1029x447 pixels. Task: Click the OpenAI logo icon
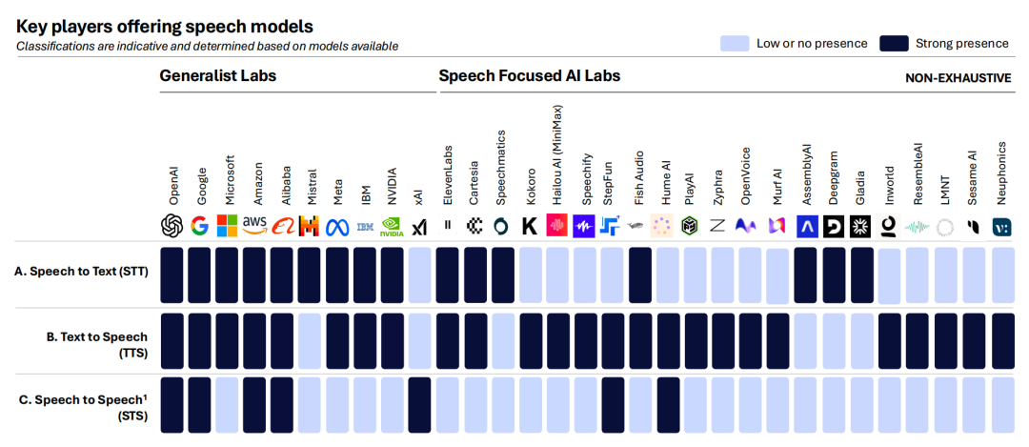[171, 226]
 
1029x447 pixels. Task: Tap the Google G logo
[199, 226]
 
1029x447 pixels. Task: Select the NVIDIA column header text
[393, 181]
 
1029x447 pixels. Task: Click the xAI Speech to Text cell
[420, 275]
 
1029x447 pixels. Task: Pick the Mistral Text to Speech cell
[309, 340]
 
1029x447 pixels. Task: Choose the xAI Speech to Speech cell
[420, 405]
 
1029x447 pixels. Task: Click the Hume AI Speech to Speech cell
[667, 405]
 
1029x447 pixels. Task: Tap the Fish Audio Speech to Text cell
[640, 275]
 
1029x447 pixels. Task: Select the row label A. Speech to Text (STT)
[81, 271]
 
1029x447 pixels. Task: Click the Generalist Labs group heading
[217, 75]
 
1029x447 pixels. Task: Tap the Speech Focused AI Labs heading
[529, 75]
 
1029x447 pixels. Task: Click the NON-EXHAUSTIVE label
[958, 78]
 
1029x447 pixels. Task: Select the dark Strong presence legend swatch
[894, 43]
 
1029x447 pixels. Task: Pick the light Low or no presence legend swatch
[735, 43]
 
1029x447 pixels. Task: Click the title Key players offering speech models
[164, 27]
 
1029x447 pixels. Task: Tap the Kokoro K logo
[530, 226]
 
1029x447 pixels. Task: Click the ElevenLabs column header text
[448, 175]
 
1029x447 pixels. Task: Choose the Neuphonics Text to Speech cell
[1002, 340]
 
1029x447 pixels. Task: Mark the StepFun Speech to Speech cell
[613, 405]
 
